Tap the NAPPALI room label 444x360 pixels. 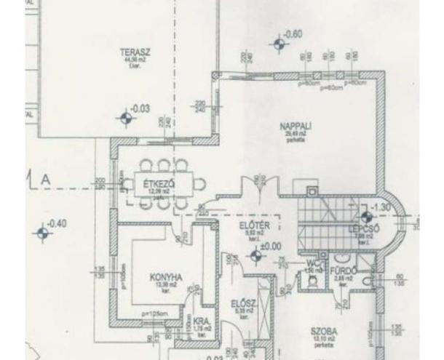tap(295, 127)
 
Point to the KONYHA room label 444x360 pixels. tap(165, 276)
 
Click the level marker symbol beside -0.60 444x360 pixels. tap(277, 44)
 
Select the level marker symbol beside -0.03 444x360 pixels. tap(127, 116)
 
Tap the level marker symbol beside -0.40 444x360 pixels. tap(44, 233)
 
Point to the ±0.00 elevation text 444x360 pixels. tap(271, 247)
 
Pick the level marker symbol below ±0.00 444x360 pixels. tap(255, 255)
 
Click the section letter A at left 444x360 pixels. tap(47, 179)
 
